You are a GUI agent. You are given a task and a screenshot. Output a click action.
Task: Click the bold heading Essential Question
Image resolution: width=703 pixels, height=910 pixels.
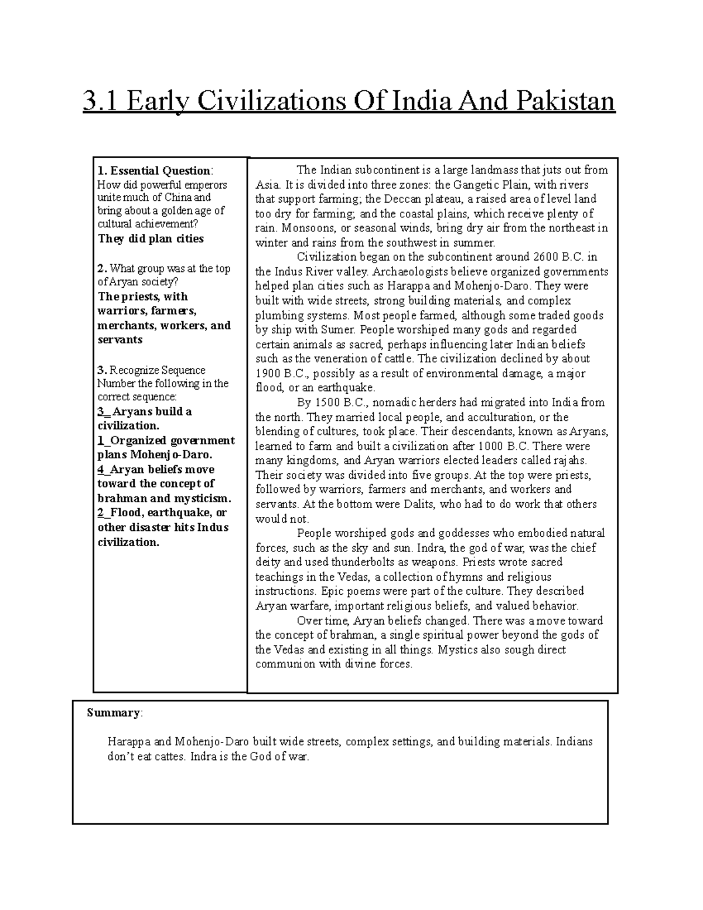tap(160, 171)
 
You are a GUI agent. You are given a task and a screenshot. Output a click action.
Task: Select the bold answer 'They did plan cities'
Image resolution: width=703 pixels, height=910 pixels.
tap(151, 238)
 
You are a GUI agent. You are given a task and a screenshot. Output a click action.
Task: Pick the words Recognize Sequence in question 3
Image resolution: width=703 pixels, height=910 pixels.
tap(158, 370)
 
